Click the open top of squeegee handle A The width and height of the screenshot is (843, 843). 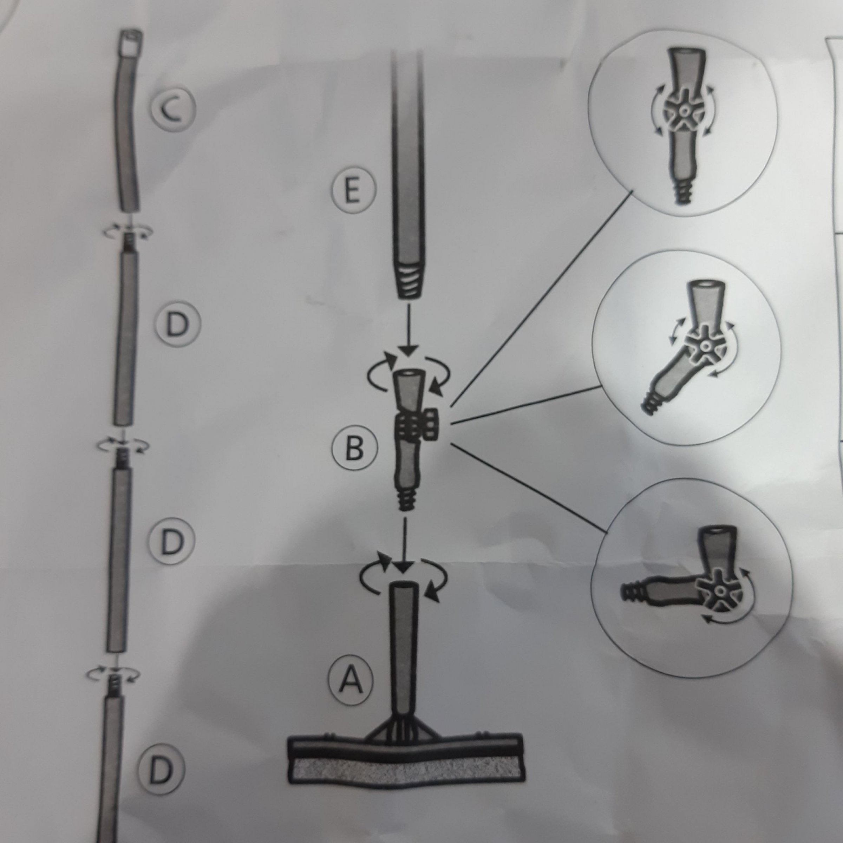[x=404, y=586]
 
